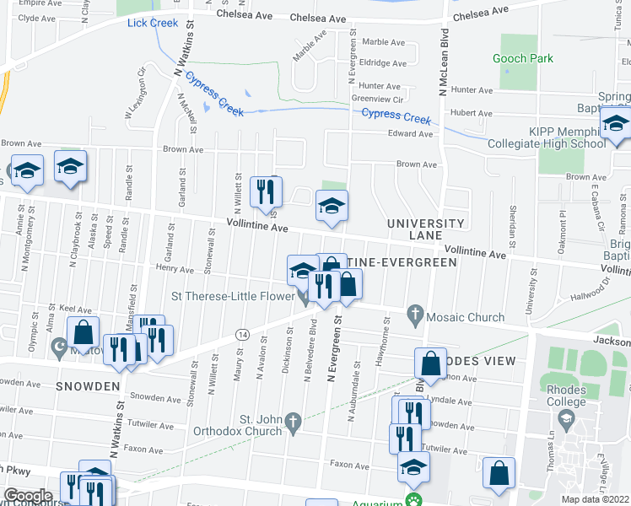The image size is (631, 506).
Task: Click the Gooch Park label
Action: click(524, 58)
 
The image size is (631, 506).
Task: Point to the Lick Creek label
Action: click(153, 23)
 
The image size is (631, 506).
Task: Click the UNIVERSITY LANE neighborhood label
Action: click(425, 229)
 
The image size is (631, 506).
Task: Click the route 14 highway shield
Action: click(241, 335)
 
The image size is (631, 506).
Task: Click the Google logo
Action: click(29, 495)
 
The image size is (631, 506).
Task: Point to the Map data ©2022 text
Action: click(596, 499)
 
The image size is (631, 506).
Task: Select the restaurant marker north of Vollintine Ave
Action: click(266, 192)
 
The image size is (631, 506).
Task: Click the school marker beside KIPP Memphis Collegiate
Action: click(616, 123)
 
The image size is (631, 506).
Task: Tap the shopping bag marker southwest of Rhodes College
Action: click(499, 472)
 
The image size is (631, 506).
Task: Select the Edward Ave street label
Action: click(409, 134)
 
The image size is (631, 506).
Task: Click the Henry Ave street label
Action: click(175, 270)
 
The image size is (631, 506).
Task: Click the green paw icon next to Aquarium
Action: click(413, 500)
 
